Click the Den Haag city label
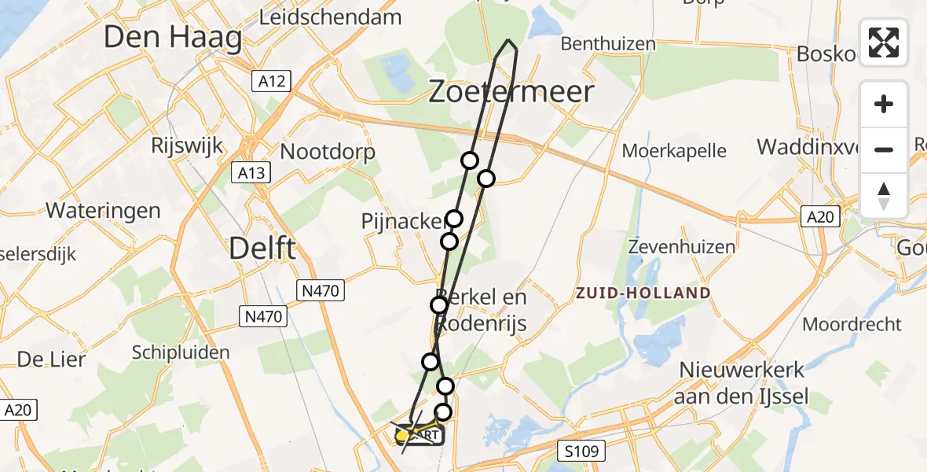(x=173, y=37)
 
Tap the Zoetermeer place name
(x=511, y=92)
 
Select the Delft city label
(x=262, y=249)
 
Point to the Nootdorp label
(x=328, y=151)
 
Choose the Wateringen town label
(x=103, y=210)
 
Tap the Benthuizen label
(x=608, y=43)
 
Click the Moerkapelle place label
(x=674, y=149)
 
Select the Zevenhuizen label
(x=682, y=246)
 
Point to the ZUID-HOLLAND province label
(x=643, y=293)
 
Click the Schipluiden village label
(x=181, y=352)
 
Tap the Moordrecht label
(x=852, y=323)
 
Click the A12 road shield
(x=273, y=80)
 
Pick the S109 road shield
(x=582, y=452)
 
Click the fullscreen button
(x=884, y=42)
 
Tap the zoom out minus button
(x=884, y=149)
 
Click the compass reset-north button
(x=884, y=195)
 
